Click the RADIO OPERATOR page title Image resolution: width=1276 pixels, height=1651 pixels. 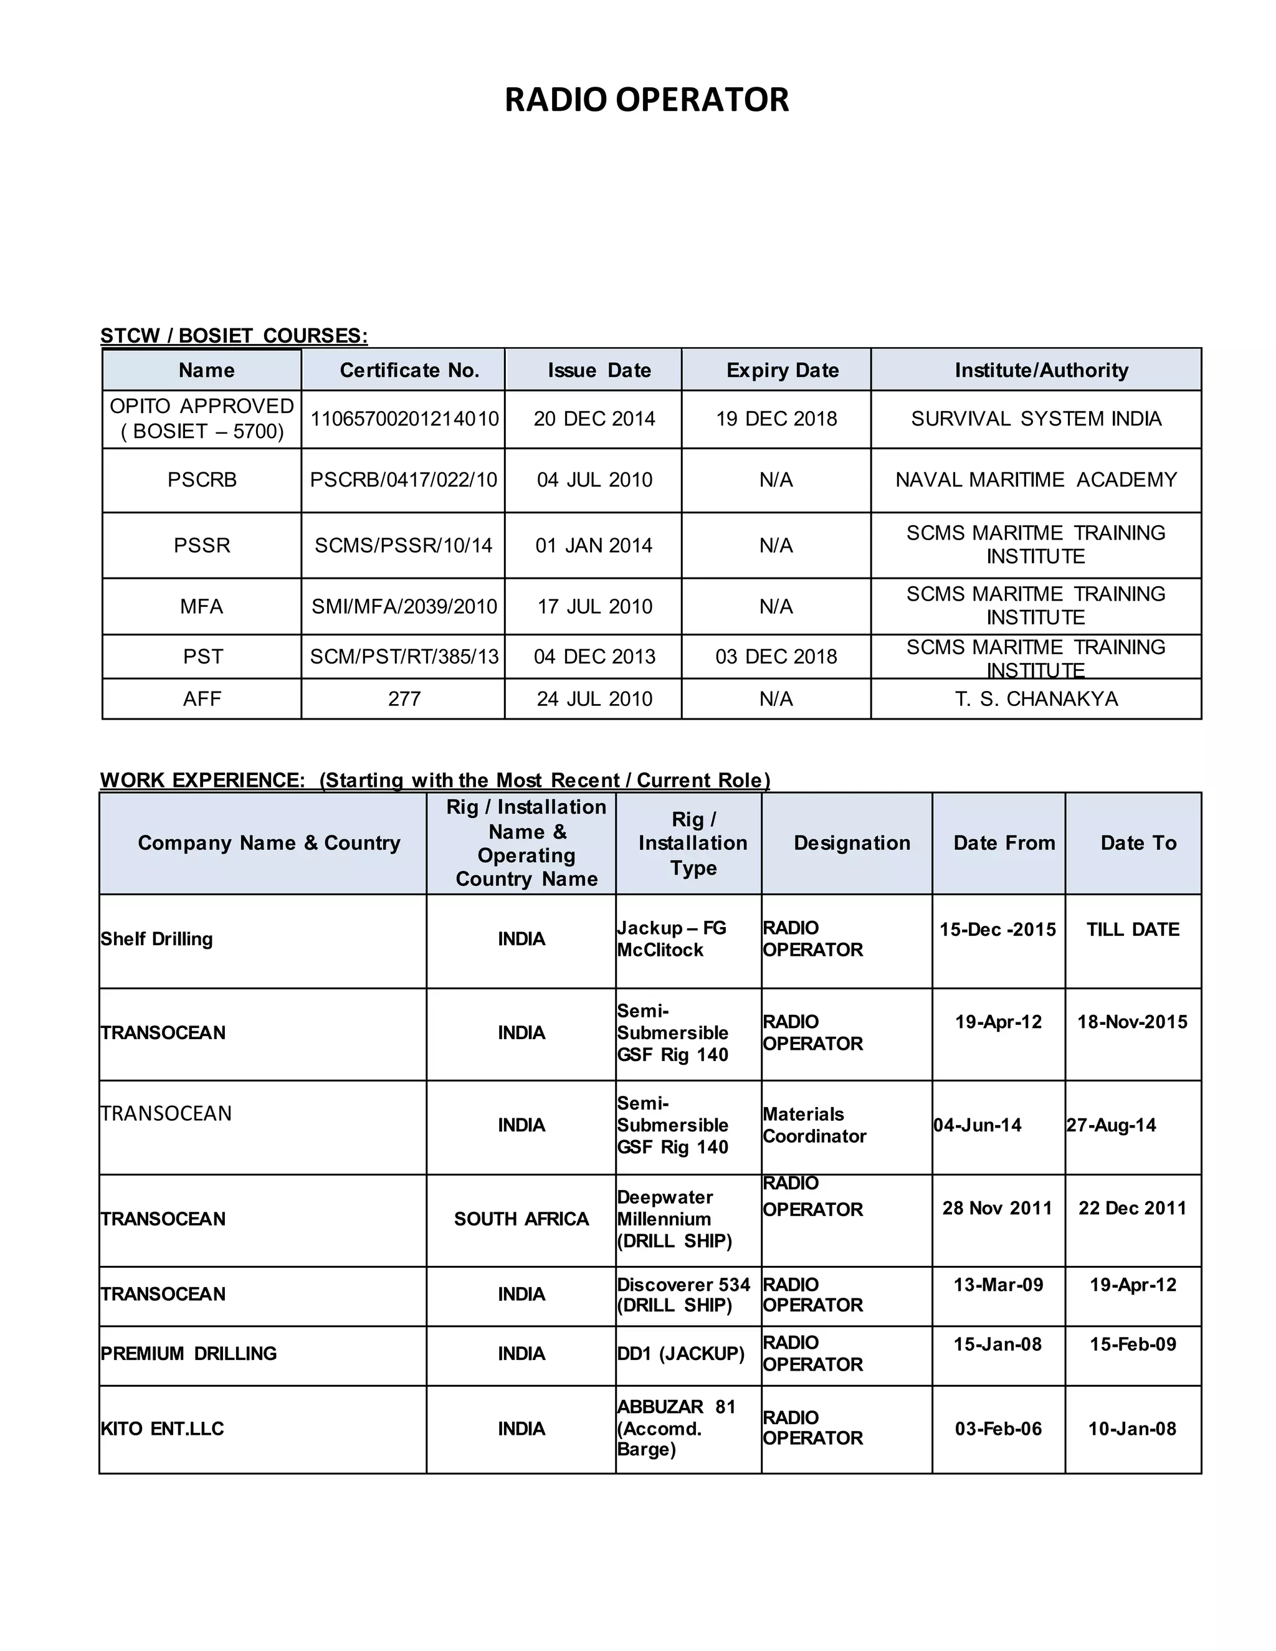click(646, 100)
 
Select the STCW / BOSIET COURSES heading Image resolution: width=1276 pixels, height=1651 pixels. click(234, 336)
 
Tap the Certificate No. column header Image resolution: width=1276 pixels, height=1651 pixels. click(409, 371)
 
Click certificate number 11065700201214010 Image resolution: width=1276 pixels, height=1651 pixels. click(404, 419)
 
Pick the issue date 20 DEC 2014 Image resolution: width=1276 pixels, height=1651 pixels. click(594, 419)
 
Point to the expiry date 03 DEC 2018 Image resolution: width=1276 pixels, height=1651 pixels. click(776, 656)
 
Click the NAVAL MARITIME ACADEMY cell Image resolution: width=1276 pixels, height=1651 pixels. click(1036, 480)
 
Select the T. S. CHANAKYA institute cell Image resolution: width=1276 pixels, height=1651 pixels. click(1036, 699)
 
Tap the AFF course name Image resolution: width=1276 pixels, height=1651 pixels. click(202, 699)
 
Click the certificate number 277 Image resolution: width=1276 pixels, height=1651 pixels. click(404, 699)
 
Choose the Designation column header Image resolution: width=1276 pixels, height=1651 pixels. click(852, 844)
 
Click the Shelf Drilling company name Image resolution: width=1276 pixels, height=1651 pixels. click(156, 939)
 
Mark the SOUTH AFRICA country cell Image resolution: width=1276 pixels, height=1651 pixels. click(521, 1219)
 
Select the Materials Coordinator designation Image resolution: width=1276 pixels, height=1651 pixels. click(814, 1126)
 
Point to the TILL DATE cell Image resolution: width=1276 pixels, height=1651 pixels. click(1132, 930)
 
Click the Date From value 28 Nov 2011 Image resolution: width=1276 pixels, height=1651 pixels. click(997, 1208)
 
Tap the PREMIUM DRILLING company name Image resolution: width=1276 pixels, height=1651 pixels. click(188, 1354)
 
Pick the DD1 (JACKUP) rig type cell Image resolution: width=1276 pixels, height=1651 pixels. click(680, 1354)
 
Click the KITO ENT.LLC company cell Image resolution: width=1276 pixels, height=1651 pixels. click(163, 1429)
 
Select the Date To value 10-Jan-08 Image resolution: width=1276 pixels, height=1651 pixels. click(1131, 1429)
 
